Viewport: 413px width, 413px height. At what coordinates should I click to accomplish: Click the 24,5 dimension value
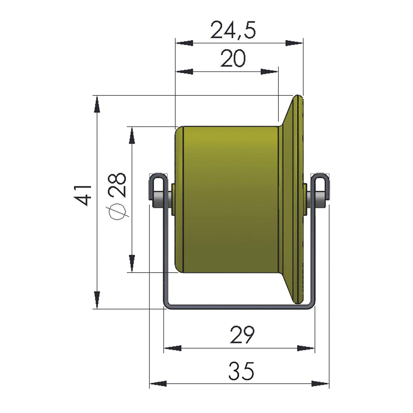click(233, 30)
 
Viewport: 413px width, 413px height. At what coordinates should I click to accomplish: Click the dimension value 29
click(241, 335)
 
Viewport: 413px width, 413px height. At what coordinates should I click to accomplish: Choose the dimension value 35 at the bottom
click(241, 370)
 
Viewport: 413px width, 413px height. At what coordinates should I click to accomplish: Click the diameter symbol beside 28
click(117, 211)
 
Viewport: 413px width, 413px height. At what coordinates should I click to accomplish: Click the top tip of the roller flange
click(299, 97)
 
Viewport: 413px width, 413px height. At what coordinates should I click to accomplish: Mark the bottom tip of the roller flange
click(299, 301)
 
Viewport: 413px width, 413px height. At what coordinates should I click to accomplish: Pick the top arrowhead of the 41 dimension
click(97, 104)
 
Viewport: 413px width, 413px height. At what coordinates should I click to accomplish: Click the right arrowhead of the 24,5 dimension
click(294, 43)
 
